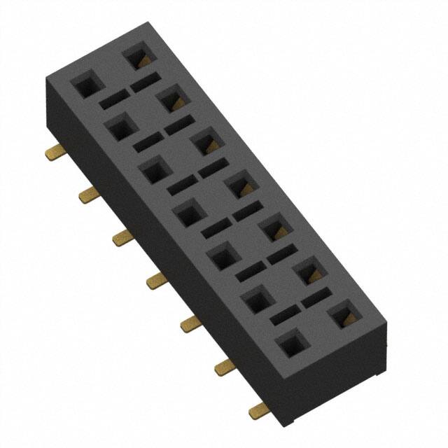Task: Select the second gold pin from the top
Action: (87, 195)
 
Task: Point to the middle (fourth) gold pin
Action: (155, 281)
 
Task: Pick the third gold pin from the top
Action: (122, 238)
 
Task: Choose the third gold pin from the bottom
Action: (190, 323)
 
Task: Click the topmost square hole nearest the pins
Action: (87, 85)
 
